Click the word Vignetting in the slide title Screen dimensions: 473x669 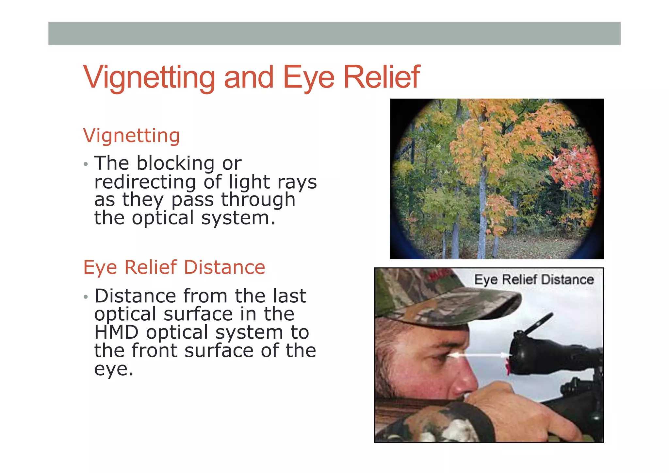[149, 77]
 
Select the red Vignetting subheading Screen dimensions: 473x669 [131, 136]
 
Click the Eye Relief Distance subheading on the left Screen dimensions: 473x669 [174, 267]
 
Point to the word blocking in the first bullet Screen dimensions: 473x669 [175, 163]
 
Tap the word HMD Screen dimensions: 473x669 [116, 332]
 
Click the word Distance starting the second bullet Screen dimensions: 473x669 [135, 296]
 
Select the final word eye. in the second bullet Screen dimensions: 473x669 [114, 369]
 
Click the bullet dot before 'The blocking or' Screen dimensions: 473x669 [86, 164]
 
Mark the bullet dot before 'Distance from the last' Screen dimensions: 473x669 [86, 297]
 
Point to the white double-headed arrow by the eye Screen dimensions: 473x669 [478, 355]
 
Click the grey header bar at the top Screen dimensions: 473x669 [334, 33]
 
